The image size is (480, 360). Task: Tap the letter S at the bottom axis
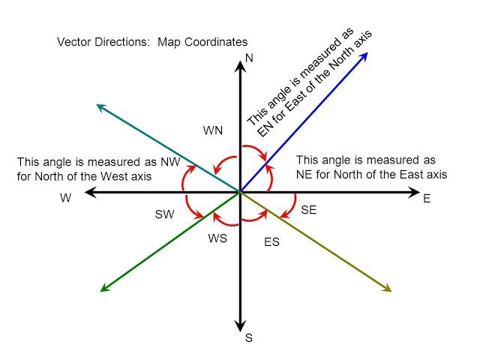click(248, 338)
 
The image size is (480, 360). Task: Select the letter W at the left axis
click(66, 199)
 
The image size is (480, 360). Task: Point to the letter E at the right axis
click(427, 199)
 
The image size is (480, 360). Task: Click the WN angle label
click(213, 130)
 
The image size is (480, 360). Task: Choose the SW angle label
click(164, 214)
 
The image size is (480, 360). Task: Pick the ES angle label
click(271, 243)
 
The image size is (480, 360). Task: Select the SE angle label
click(309, 211)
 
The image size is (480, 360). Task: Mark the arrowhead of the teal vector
click(100, 106)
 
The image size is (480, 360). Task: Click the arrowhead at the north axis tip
click(239, 64)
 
